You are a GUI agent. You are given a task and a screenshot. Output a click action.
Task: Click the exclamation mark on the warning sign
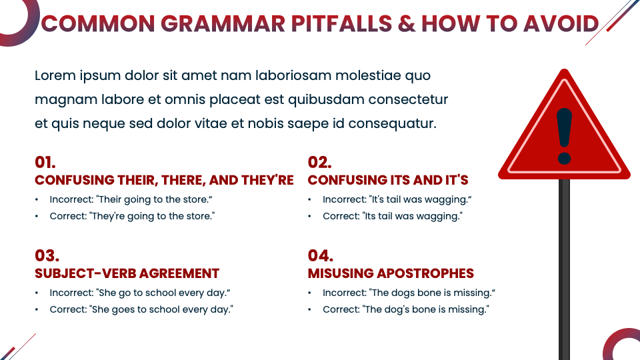click(565, 136)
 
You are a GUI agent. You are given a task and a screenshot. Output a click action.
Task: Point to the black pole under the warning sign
click(564, 267)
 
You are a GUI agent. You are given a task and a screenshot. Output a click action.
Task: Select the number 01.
click(45, 162)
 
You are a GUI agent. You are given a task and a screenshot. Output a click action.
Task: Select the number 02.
click(319, 162)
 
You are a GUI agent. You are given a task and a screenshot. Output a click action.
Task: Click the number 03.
click(47, 255)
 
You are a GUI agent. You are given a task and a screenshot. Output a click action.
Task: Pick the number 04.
click(321, 255)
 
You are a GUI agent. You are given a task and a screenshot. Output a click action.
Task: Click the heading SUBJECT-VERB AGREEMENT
click(127, 273)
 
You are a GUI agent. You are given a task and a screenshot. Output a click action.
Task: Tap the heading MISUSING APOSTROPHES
click(391, 273)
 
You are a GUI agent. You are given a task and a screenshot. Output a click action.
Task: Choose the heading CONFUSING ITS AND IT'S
click(388, 180)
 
